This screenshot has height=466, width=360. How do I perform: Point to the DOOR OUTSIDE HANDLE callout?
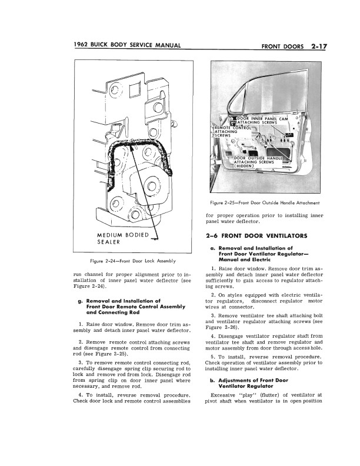(259, 158)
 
